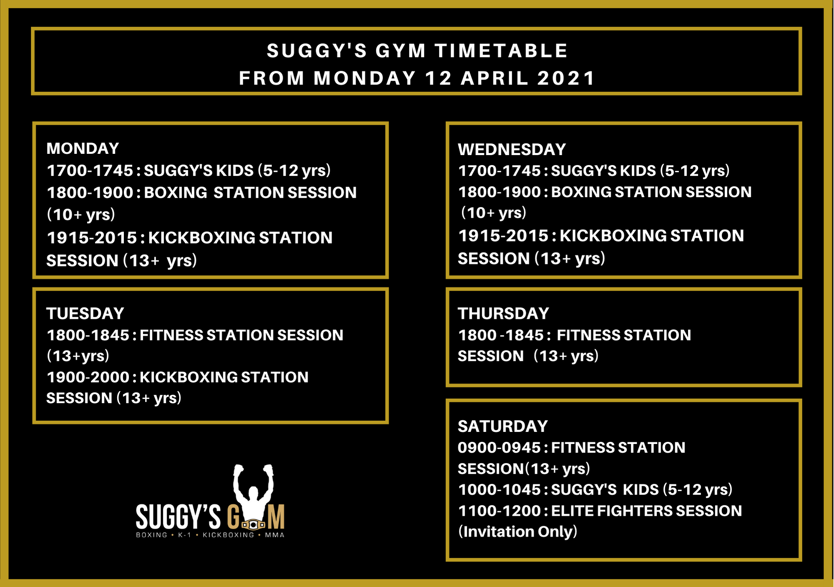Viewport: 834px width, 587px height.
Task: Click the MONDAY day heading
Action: point(83,148)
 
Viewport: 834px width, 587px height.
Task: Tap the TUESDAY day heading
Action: point(85,314)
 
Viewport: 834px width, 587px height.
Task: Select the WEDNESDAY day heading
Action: point(512,149)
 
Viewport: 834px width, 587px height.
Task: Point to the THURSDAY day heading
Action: point(503,314)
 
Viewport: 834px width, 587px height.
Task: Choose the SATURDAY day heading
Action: point(502,426)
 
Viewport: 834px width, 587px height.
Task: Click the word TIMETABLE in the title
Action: point(501,51)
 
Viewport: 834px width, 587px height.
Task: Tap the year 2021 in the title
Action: point(566,78)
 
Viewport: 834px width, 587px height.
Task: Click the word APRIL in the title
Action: point(495,78)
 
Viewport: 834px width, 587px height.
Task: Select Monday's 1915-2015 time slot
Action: point(92,238)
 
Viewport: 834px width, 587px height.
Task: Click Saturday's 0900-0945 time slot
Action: point(499,448)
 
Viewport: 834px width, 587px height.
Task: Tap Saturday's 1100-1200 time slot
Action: point(500,511)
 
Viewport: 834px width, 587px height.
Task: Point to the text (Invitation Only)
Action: point(517,532)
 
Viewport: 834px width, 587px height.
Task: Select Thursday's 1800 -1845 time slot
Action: point(501,335)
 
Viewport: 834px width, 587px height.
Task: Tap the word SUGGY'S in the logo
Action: point(178,517)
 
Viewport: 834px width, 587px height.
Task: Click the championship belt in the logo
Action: point(254,524)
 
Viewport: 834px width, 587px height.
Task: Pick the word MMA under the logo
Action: point(275,535)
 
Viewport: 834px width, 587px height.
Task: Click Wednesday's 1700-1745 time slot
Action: point(500,171)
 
